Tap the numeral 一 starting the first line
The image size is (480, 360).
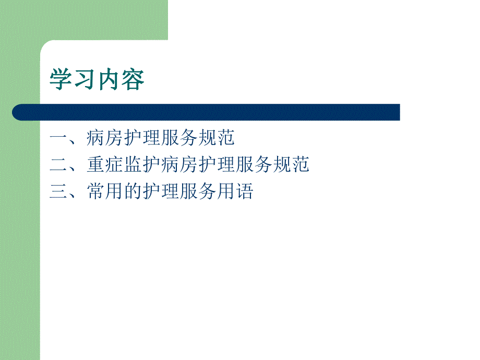point(59,138)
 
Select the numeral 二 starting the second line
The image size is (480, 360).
point(59,165)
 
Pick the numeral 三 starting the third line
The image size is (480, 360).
point(59,192)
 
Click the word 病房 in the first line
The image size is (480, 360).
point(105,138)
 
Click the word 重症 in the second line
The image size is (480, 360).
point(105,165)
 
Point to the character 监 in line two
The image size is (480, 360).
point(133,165)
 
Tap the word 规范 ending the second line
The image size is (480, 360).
point(291,165)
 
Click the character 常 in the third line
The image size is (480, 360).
point(96,192)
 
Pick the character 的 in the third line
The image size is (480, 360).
point(133,192)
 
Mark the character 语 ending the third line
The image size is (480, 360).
point(244,192)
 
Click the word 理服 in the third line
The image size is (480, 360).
point(179,192)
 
